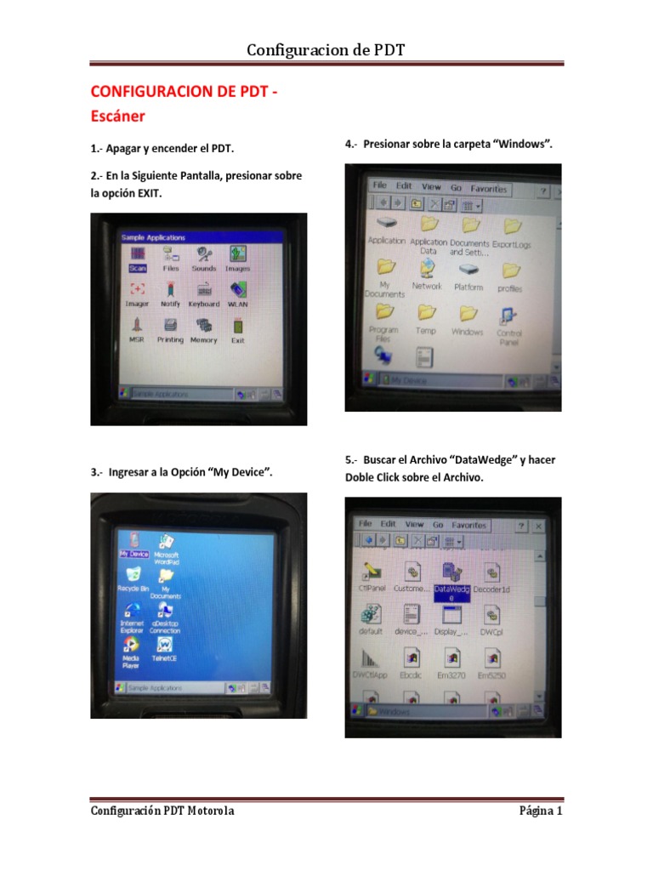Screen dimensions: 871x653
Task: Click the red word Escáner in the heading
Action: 117,115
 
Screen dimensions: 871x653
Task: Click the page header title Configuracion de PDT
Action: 326,50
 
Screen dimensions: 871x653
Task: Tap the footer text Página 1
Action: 541,811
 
